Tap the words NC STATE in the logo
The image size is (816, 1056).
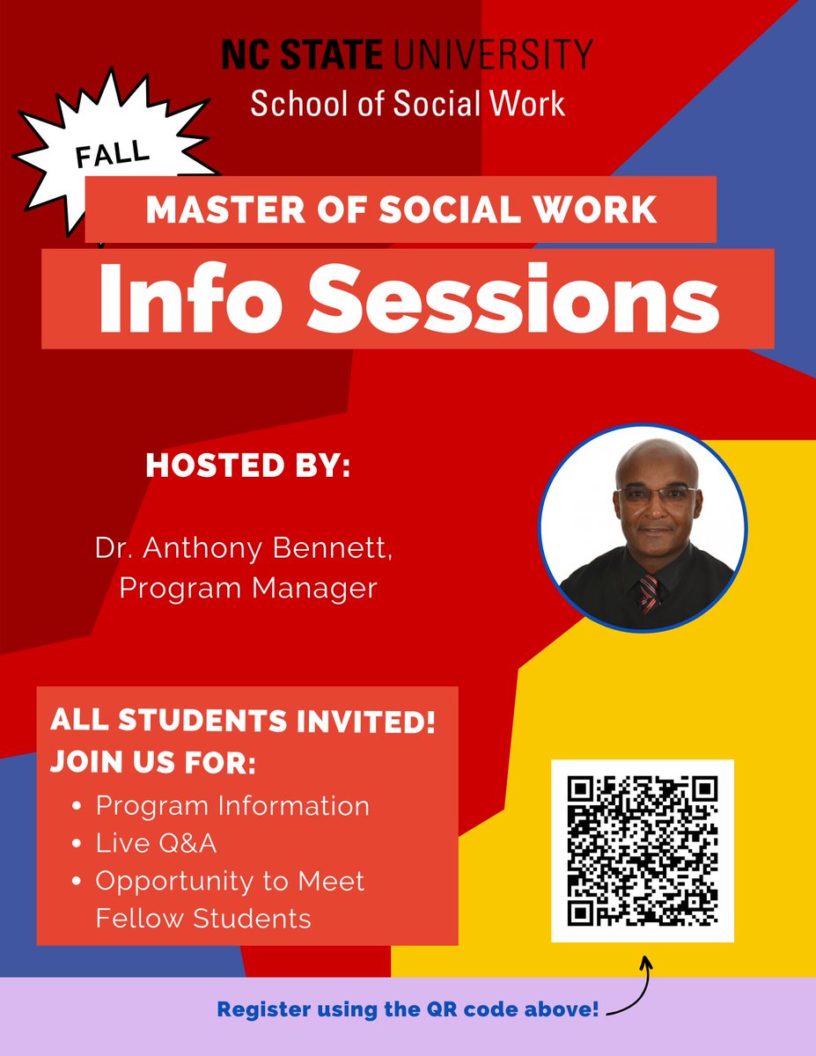point(302,55)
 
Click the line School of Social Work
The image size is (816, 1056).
point(408,104)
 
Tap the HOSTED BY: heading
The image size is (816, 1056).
point(247,466)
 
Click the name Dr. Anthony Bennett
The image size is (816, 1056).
point(242,549)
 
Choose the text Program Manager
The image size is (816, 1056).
point(248,587)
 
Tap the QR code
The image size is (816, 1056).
point(643,851)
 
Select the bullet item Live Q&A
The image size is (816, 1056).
point(157,844)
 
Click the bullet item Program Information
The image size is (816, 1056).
point(232,805)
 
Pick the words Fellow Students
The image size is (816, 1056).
point(203,919)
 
